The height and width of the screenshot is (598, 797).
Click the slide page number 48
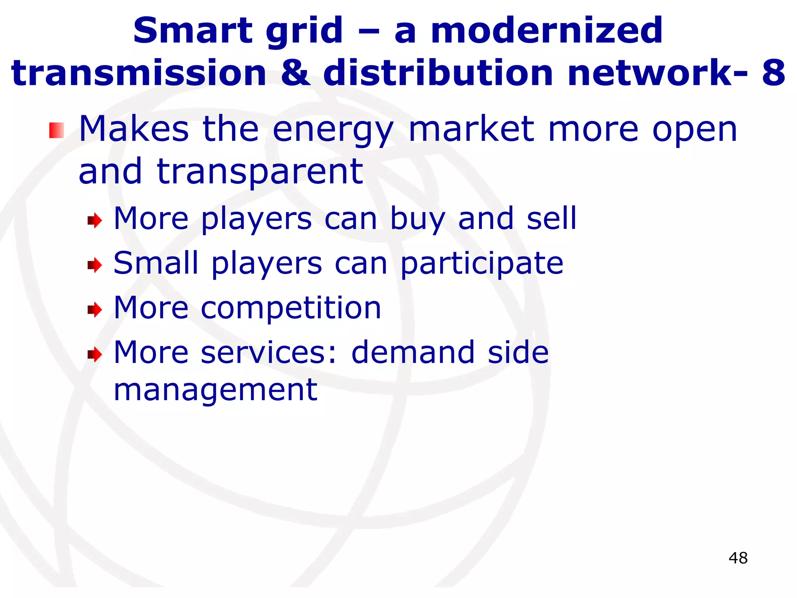tap(738, 558)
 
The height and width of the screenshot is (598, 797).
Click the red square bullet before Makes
tap(56, 130)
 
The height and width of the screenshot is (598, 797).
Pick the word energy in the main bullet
tap(333, 130)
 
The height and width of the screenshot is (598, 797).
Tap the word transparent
tap(260, 172)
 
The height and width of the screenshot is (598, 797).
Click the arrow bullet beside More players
tap(95, 221)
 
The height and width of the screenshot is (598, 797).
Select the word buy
tap(418, 220)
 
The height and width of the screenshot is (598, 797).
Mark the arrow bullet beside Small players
tap(95, 266)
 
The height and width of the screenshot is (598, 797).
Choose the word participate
tap(482, 264)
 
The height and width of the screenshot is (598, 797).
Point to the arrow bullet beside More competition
tap(95, 310)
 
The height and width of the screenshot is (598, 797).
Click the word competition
tap(291, 309)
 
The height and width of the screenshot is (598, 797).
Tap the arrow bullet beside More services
tap(95, 354)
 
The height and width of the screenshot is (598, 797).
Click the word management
tap(215, 390)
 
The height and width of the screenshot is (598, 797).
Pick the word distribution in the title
tap(438, 73)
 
